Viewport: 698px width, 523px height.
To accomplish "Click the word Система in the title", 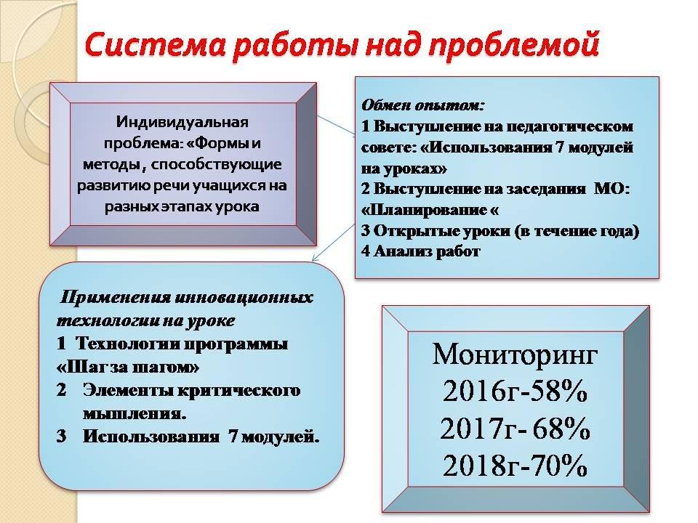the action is tap(156, 45).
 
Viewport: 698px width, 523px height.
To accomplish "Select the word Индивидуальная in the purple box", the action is tap(182, 122).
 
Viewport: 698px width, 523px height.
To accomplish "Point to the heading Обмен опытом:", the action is tap(422, 106).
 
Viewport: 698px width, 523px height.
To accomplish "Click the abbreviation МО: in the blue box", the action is tap(612, 189).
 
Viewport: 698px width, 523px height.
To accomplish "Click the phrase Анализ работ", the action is tap(427, 252).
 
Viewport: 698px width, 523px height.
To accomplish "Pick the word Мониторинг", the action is tap(515, 354).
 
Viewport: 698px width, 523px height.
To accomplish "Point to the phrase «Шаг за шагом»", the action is tap(128, 368).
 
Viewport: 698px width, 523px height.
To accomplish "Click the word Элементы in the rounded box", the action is tap(129, 391).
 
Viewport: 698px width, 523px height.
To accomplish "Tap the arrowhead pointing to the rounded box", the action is tap(314, 259).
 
